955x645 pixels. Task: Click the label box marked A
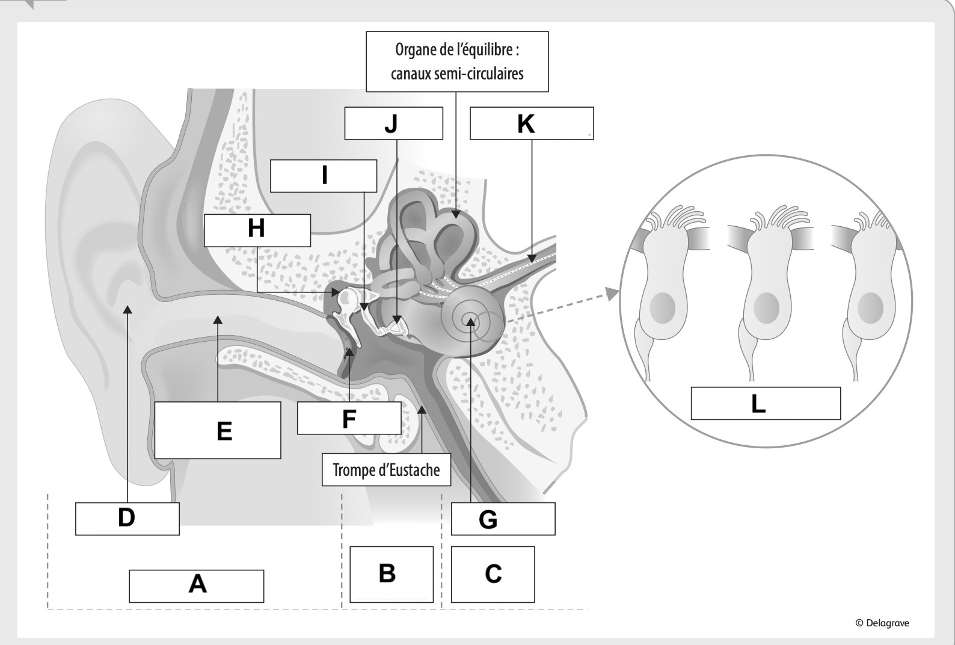coord(196,585)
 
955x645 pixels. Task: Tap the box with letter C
coord(493,573)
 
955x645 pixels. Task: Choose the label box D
coord(127,518)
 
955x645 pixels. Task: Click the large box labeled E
coord(218,430)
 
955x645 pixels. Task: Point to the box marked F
coord(349,418)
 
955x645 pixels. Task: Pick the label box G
coord(503,519)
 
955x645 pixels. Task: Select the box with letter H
coord(257,230)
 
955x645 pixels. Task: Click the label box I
coord(324,176)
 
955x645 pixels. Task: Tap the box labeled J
coord(393,123)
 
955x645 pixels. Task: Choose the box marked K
coord(532,123)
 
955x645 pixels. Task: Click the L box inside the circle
coord(765,403)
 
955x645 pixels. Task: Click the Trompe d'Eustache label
coord(386,470)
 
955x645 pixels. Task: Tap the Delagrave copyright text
coord(882,623)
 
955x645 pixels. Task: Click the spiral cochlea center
coord(471,319)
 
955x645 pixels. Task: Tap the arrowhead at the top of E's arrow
coord(218,318)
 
